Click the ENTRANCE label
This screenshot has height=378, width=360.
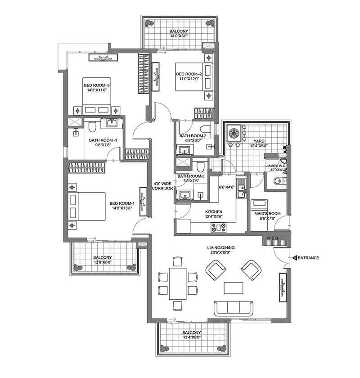(x=308, y=258)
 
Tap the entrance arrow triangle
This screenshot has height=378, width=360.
(x=294, y=258)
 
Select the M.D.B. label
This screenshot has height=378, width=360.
(x=273, y=238)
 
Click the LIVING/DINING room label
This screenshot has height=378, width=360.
(x=220, y=247)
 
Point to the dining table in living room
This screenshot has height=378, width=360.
(x=178, y=283)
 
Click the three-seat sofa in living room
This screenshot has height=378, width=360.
(x=234, y=308)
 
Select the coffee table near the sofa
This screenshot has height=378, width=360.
(x=233, y=288)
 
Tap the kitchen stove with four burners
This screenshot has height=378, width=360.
(x=218, y=227)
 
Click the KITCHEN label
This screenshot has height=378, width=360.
(x=214, y=211)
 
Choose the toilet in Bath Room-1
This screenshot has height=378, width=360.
(x=92, y=127)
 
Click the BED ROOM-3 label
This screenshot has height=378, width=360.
(x=97, y=85)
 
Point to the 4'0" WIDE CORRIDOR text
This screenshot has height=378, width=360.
(x=162, y=186)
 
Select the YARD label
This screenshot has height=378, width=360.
(x=259, y=141)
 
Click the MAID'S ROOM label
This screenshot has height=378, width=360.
(x=267, y=214)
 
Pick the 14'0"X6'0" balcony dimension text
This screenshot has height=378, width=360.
(x=179, y=36)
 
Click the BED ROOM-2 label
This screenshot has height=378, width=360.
(x=189, y=74)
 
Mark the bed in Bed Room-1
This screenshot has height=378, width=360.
(x=87, y=207)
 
